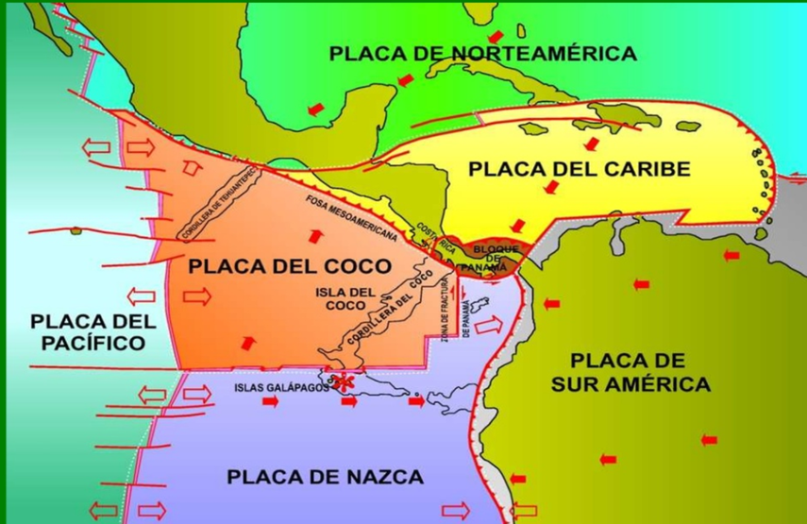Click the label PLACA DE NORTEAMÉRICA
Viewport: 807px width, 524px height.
[x=482, y=53]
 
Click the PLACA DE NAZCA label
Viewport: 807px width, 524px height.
[x=325, y=477]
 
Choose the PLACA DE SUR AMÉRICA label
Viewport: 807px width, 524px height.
[x=639, y=372]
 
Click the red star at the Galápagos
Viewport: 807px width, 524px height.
[x=345, y=383]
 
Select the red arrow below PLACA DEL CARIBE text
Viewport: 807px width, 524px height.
[x=549, y=189]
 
